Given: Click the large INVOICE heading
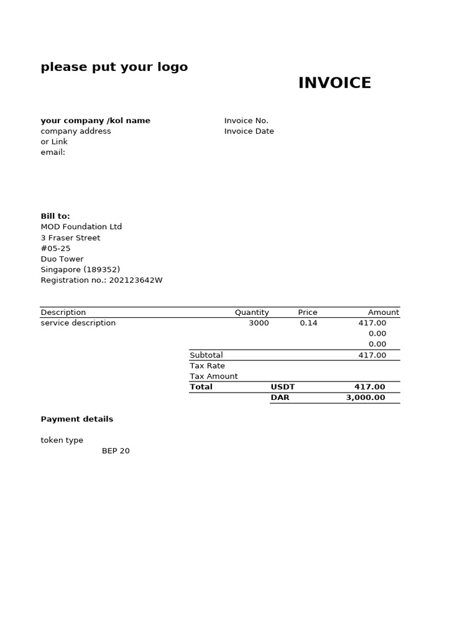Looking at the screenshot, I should [x=334, y=83].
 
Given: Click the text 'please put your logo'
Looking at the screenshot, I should [x=114, y=67].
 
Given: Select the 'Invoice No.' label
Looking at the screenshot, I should [x=246, y=121].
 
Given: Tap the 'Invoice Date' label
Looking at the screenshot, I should [x=249, y=131].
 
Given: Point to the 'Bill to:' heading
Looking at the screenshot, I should [x=55, y=216].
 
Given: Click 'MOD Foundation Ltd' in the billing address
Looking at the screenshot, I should [x=81, y=227].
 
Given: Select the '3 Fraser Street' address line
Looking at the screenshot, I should [x=70, y=238].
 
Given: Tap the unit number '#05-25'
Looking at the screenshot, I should [x=55, y=248].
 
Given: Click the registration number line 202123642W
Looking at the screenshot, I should [x=102, y=280].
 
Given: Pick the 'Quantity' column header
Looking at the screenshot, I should [x=252, y=312].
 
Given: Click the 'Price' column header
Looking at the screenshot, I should [x=307, y=312].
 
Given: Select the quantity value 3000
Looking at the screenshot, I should [x=259, y=323].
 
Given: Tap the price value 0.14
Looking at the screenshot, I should [x=309, y=323].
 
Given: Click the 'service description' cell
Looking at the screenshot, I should [x=78, y=323].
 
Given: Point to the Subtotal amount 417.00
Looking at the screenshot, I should [x=372, y=355].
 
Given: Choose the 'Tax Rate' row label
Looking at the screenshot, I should [x=208, y=366].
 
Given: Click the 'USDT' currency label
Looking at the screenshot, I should [x=283, y=387].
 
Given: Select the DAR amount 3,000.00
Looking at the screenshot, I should [x=365, y=397].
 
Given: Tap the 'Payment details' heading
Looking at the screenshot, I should [x=77, y=419].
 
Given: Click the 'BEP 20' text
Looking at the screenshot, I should [x=116, y=451].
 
